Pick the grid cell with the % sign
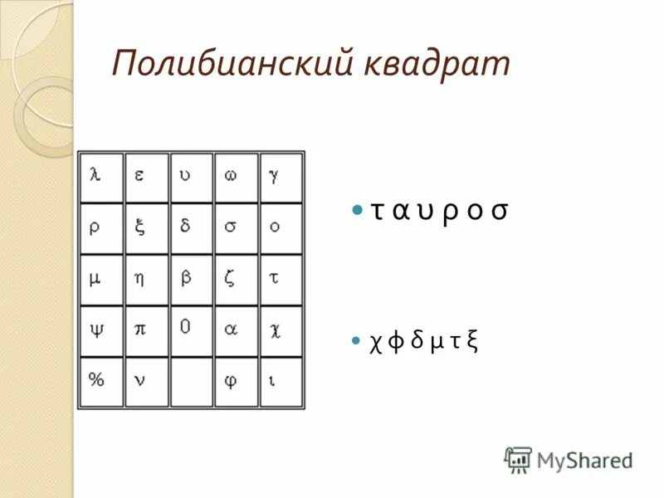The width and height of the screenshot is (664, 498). click(x=101, y=382)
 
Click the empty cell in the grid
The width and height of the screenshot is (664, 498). click(x=192, y=382)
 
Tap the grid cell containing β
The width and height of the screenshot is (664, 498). click(x=192, y=280)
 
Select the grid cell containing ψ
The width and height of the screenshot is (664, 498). click(x=101, y=331)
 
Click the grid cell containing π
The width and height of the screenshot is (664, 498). click(x=146, y=331)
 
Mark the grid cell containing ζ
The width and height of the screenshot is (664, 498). click(x=237, y=280)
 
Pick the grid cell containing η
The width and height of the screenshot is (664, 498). click(x=146, y=280)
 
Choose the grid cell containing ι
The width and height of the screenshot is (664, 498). click(x=281, y=382)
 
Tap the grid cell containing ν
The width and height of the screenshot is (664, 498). click(x=146, y=382)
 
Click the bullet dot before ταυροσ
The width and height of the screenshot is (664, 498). click(x=357, y=212)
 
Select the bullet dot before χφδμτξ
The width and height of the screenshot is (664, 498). click(x=357, y=341)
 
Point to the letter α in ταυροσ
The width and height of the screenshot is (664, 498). click(x=401, y=212)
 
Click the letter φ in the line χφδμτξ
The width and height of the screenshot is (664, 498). click(x=396, y=341)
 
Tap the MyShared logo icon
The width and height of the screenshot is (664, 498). click(x=519, y=459)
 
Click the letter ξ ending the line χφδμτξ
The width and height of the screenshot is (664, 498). click(x=471, y=341)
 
